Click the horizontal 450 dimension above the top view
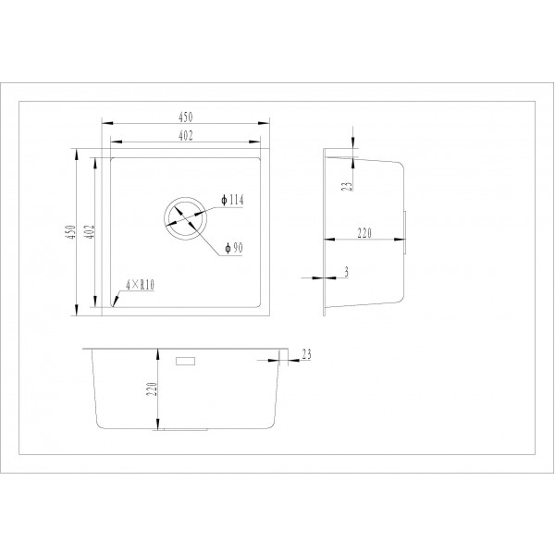184,117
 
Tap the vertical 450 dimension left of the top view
70,230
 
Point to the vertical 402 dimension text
90,230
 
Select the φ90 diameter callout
232,248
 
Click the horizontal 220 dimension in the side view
363,235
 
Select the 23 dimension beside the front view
306,352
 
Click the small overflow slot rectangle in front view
186,358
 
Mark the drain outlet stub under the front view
185,429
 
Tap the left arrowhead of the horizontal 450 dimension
103,123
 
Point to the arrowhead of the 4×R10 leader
112,302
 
